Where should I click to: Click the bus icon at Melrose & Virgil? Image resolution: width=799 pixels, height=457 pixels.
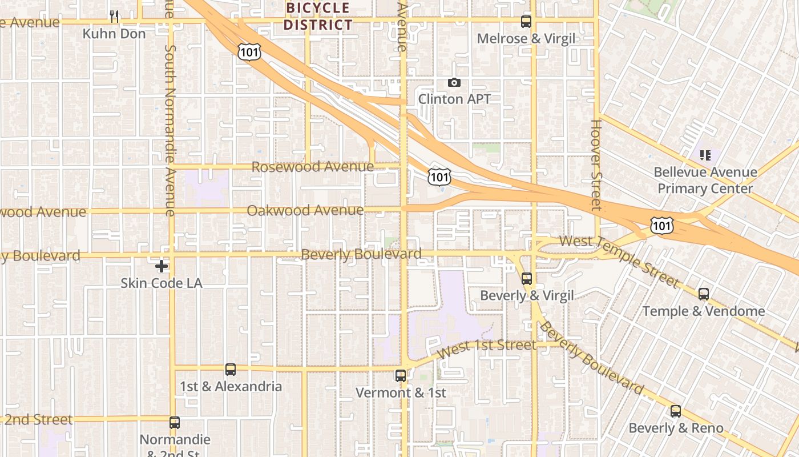[526, 22]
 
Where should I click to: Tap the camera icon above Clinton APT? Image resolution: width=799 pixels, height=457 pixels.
[454, 83]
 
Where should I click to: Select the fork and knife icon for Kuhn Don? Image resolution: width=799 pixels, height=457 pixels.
[114, 16]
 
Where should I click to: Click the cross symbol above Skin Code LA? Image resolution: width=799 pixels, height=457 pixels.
[162, 266]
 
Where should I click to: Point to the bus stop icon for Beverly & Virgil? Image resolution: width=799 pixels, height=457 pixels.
[527, 279]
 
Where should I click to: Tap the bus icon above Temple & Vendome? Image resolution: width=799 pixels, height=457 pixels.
[704, 294]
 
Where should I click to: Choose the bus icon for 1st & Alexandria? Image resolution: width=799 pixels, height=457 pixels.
[231, 370]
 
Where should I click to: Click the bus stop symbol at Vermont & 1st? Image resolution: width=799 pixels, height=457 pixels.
[401, 376]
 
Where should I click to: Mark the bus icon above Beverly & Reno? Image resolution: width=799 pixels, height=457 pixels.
[676, 411]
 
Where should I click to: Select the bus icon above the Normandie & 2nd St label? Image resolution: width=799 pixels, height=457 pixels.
[175, 423]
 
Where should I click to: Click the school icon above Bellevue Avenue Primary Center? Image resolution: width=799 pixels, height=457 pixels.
[705, 155]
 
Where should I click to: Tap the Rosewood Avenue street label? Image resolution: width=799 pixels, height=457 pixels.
[312, 167]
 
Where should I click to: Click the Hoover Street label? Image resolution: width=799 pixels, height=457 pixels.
[596, 165]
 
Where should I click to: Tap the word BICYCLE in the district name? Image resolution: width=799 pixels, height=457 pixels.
[317, 8]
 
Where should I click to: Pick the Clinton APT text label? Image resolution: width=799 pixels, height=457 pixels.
[454, 99]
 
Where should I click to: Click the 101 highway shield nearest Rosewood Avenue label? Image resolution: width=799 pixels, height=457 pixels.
[439, 177]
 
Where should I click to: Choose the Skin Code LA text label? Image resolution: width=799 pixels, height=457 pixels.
[162, 283]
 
